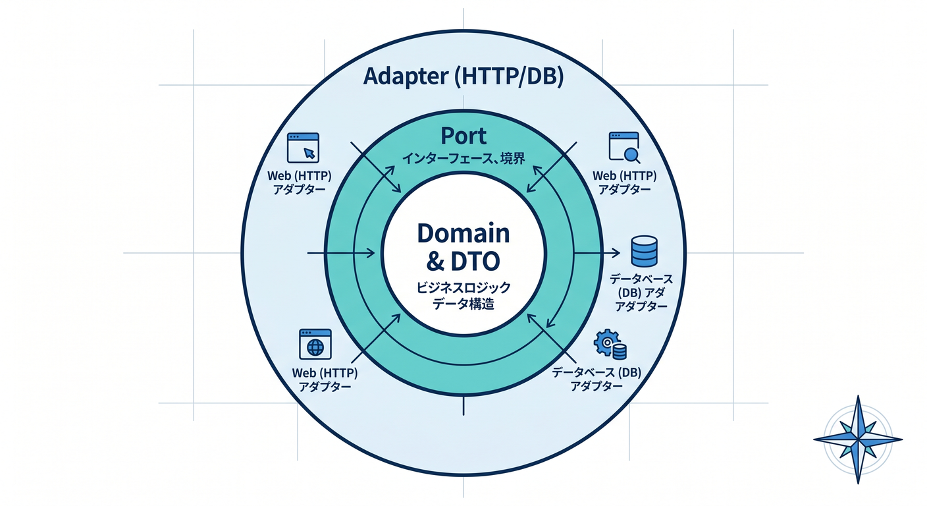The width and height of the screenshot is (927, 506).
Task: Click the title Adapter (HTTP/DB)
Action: pos(463,77)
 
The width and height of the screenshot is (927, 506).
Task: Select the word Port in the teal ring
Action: pos(463,136)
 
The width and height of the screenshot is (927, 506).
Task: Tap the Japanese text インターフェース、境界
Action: pos(463,158)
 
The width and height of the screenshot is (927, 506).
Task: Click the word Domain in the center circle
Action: pos(463,233)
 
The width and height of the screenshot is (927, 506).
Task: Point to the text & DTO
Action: pos(463,262)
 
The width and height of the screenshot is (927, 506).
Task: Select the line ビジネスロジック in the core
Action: pos(463,287)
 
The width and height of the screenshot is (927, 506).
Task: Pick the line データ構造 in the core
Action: pos(463,304)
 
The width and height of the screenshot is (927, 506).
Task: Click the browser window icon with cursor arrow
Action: pos(303,148)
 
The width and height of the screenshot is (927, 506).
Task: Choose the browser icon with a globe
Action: pos(315,344)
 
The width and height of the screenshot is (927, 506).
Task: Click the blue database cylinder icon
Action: pos(644,251)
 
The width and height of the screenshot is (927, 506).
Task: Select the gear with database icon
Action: pos(610,345)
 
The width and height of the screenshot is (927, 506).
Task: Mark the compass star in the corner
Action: pos(858,439)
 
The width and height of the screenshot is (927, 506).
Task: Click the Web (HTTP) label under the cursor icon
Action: pos(299,175)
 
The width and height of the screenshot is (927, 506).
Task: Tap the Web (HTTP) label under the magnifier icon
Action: pos(625,175)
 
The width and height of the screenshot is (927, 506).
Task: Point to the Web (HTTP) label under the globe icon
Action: pos(325,373)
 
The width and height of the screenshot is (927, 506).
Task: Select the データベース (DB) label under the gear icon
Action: pos(596,372)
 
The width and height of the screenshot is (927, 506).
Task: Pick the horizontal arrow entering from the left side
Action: pos(341,252)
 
